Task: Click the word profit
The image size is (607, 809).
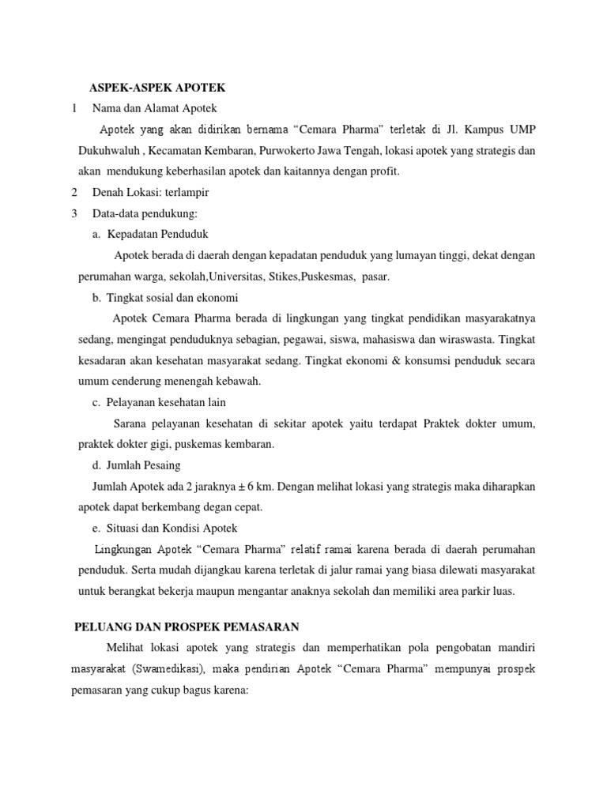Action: (383, 170)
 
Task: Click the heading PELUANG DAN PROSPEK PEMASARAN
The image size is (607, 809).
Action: (187, 627)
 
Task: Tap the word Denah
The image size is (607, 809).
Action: (108, 192)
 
